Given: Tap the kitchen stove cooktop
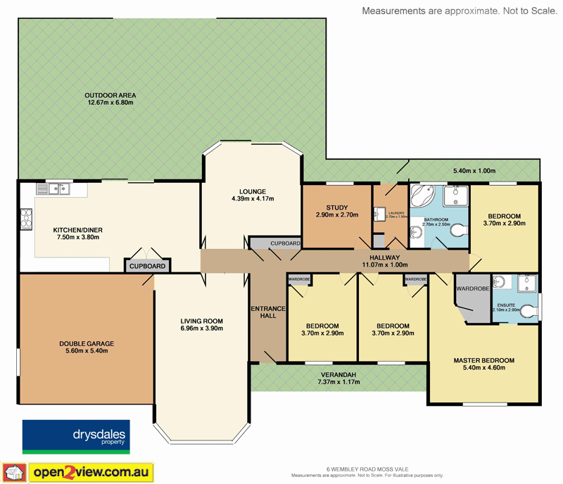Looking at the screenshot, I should [x=26, y=219].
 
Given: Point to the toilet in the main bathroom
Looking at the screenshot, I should [x=458, y=230].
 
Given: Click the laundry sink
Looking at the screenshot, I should [x=381, y=213].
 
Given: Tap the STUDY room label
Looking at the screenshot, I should [x=337, y=207].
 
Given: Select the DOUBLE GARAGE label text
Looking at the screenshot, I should [x=87, y=343].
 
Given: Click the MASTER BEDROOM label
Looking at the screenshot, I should [x=483, y=360].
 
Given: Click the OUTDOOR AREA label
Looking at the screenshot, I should [x=110, y=95].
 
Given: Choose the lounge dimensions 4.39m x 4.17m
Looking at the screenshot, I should [x=252, y=199].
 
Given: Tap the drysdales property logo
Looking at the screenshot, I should [x=74, y=436].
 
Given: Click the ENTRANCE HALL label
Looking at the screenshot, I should [x=267, y=312].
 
